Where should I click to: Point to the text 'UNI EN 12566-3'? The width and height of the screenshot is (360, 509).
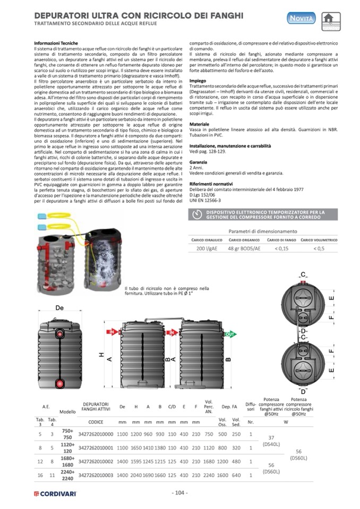pos(205,201)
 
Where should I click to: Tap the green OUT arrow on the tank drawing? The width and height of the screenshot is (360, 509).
pos(229,334)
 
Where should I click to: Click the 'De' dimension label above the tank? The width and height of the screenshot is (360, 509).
pos(59,308)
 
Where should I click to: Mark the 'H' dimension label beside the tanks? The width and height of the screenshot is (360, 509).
pos(101,356)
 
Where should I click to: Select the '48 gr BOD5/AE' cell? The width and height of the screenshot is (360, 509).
pos(244,248)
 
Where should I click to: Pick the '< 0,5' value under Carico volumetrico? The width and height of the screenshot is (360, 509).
pos(319,248)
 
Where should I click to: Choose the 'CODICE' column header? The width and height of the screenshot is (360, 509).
pos(96,421)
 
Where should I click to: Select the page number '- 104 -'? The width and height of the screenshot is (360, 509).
pos(180,493)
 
